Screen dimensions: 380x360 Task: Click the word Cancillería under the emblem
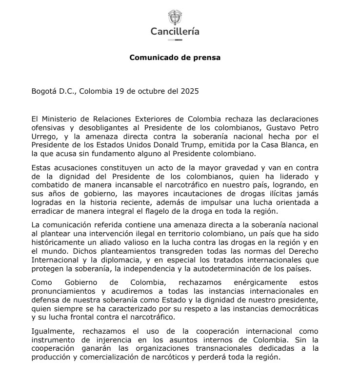pos(175,32)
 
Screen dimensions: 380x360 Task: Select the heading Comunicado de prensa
pos(175,58)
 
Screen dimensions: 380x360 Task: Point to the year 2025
pos(190,91)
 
